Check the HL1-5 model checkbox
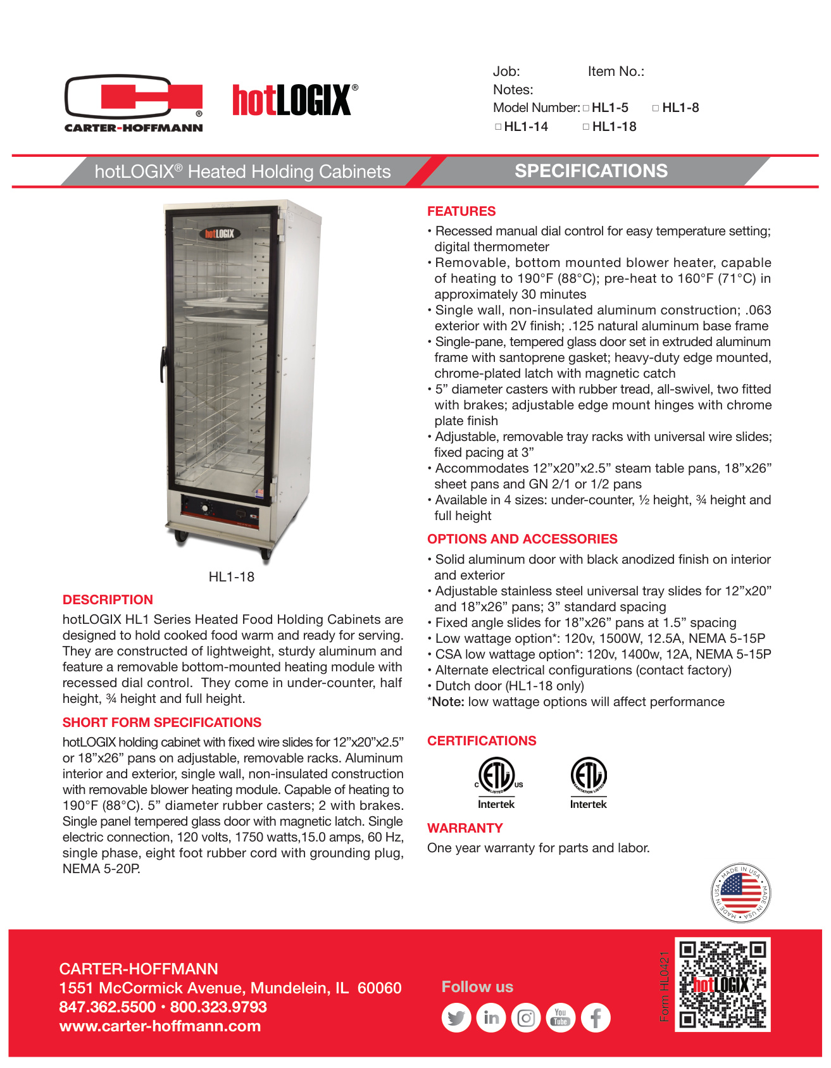click(x=586, y=108)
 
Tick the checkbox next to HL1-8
click(x=656, y=108)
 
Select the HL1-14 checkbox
click(x=498, y=127)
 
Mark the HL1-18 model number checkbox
click(x=586, y=127)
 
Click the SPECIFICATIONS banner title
click(x=590, y=171)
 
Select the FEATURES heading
click(x=461, y=211)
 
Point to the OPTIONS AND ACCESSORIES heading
click(x=522, y=539)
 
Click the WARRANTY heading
click(x=465, y=828)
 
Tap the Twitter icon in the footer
click(x=456, y=1018)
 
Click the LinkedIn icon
click(x=491, y=1018)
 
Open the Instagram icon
click(x=526, y=1018)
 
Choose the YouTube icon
click(x=561, y=1018)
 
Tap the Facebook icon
click(x=596, y=1018)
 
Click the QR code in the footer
click(x=722, y=984)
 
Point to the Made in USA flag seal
click(x=740, y=893)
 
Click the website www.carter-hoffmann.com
click(x=160, y=1026)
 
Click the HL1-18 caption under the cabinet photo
click(x=232, y=577)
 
